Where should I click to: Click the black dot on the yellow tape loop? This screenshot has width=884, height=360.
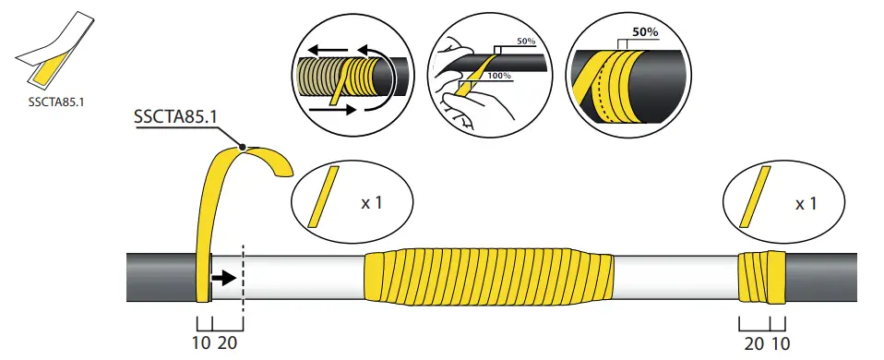tap(243, 145)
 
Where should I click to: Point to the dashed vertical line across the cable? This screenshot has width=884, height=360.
tap(242, 277)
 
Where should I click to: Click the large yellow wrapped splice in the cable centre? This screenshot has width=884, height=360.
tap(489, 276)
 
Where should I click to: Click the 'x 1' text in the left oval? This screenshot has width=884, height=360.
tap(371, 202)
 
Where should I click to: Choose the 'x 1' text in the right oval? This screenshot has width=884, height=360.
tap(806, 202)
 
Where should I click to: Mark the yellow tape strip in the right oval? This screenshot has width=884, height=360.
tap(757, 197)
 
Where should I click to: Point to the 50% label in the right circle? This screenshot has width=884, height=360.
tap(642, 30)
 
